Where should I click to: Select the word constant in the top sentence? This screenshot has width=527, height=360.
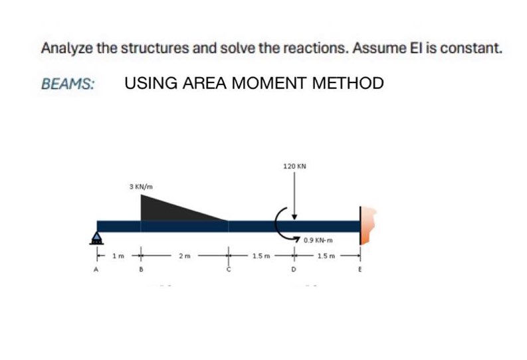[465, 48]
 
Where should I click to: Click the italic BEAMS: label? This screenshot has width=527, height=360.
[67, 84]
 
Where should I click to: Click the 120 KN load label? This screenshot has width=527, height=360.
[294, 167]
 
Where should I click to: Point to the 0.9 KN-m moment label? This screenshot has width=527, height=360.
[317, 240]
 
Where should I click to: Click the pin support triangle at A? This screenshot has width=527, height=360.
[98, 236]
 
